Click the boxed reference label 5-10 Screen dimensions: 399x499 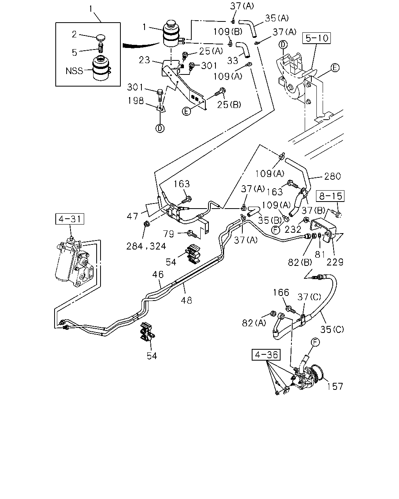pos(316,38)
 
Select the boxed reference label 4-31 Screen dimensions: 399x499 pos(70,219)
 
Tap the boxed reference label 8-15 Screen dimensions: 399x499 pos(330,196)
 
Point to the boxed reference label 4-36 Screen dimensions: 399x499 pos(266,355)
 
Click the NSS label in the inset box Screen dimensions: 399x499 pos(74,71)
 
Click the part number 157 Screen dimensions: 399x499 pos(335,387)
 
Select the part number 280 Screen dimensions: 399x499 pos(332,177)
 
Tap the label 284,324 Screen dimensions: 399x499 pos(146,246)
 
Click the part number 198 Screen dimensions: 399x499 pos(136,101)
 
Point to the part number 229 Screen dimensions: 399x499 pos(335,262)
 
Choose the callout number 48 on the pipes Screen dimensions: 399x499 pos(186,301)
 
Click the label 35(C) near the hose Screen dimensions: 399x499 pos(332,329)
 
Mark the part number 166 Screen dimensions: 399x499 pos(281,293)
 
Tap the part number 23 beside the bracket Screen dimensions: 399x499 pos(145,60)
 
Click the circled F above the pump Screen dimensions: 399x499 pos(315,342)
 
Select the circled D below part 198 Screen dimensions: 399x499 pos(160,128)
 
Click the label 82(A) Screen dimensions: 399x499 pos(254,323)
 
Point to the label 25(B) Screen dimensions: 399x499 pos(229,105)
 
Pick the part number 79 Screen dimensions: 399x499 pos(169,234)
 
